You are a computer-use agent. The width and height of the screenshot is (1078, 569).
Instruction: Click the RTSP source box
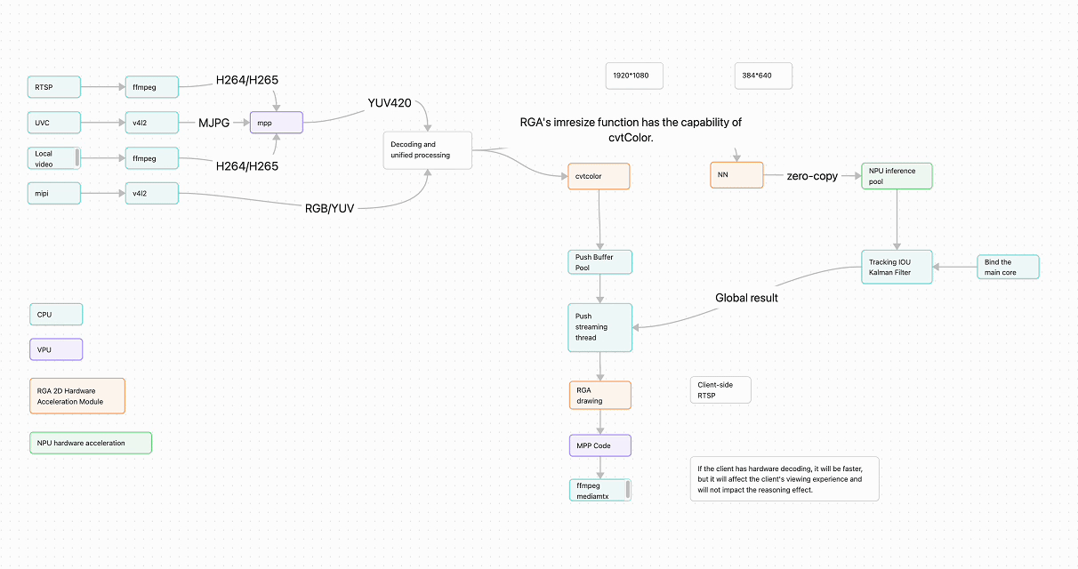[x=54, y=87]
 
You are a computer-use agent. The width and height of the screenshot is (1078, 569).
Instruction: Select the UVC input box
[x=54, y=123]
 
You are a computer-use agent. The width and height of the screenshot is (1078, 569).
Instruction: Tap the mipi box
[x=54, y=193]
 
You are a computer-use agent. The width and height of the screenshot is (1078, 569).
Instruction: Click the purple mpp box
[x=277, y=123]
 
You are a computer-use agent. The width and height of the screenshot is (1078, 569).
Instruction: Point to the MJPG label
[x=213, y=123]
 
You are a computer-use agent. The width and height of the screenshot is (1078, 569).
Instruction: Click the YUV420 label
[x=390, y=103]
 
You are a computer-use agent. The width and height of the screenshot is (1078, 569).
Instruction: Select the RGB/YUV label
[x=330, y=208]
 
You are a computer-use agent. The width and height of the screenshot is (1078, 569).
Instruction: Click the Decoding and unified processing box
[x=427, y=150]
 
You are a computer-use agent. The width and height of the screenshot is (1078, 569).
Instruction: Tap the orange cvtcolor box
[x=599, y=176]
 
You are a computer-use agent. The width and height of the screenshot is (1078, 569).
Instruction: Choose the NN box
[x=736, y=174]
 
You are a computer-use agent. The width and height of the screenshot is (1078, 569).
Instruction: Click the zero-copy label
[x=812, y=176]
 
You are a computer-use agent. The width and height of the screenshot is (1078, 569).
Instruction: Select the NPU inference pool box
[x=897, y=176]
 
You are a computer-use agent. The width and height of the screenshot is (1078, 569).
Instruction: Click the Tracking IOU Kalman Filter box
[x=897, y=267]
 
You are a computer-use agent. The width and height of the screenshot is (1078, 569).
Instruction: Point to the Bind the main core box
[x=1008, y=267]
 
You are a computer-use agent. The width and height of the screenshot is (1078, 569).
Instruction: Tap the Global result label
[x=746, y=298]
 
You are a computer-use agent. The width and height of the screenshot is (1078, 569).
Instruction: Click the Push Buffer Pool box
[x=599, y=262]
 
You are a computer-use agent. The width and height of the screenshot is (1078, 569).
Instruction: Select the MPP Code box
[x=600, y=446]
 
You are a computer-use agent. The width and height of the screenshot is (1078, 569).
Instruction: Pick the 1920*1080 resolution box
[x=634, y=76]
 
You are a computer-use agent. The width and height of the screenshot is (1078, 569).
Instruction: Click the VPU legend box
[x=56, y=349]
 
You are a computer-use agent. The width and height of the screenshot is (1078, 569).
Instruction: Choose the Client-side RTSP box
[x=720, y=390]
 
